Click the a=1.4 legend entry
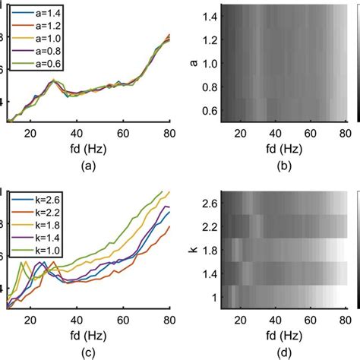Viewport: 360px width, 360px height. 37,14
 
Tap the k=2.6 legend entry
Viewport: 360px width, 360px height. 37,200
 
